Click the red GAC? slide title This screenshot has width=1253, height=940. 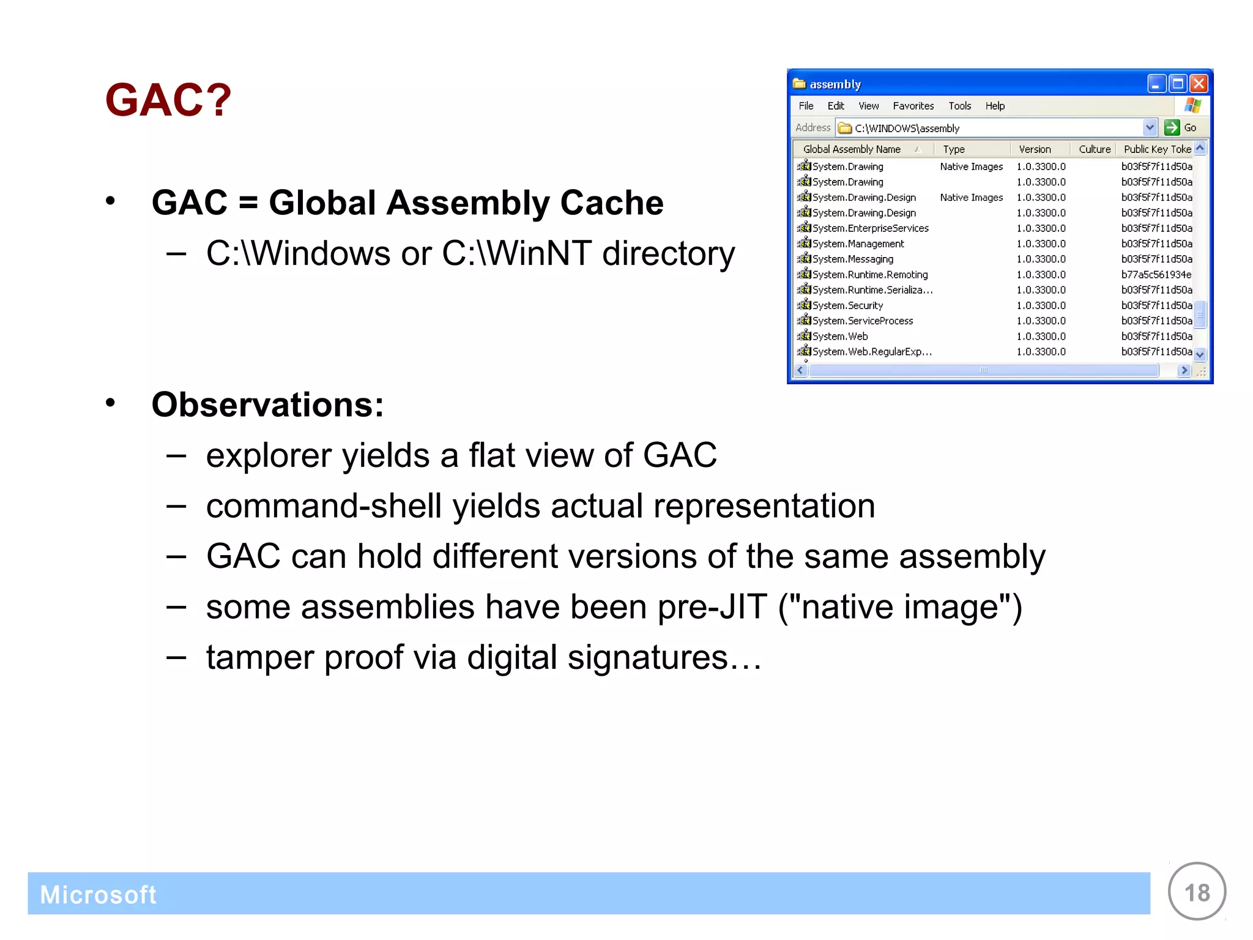(x=168, y=100)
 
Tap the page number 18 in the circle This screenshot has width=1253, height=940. (x=1197, y=893)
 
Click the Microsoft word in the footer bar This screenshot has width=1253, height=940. (x=98, y=895)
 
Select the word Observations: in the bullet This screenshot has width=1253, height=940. (x=267, y=405)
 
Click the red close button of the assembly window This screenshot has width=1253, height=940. (x=1199, y=83)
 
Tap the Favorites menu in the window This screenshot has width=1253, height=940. (x=913, y=106)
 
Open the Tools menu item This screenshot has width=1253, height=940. (x=959, y=106)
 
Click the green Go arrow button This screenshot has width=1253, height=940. (x=1172, y=127)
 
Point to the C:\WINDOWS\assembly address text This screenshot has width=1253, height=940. (x=907, y=128)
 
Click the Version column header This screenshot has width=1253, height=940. (x=1035, y=149)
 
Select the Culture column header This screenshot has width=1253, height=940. (x=1094, y=149)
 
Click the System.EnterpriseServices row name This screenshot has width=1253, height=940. (x=870, y=228)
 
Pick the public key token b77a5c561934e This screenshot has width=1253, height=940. (x=1156, y=275)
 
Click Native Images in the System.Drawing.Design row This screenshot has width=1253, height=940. (x=971, y=198)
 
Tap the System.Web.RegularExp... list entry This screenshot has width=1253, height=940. (x=871, y=352)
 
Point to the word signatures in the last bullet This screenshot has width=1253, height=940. (x=647, y=658)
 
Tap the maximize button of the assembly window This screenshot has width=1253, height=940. (x=1177, y=83)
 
